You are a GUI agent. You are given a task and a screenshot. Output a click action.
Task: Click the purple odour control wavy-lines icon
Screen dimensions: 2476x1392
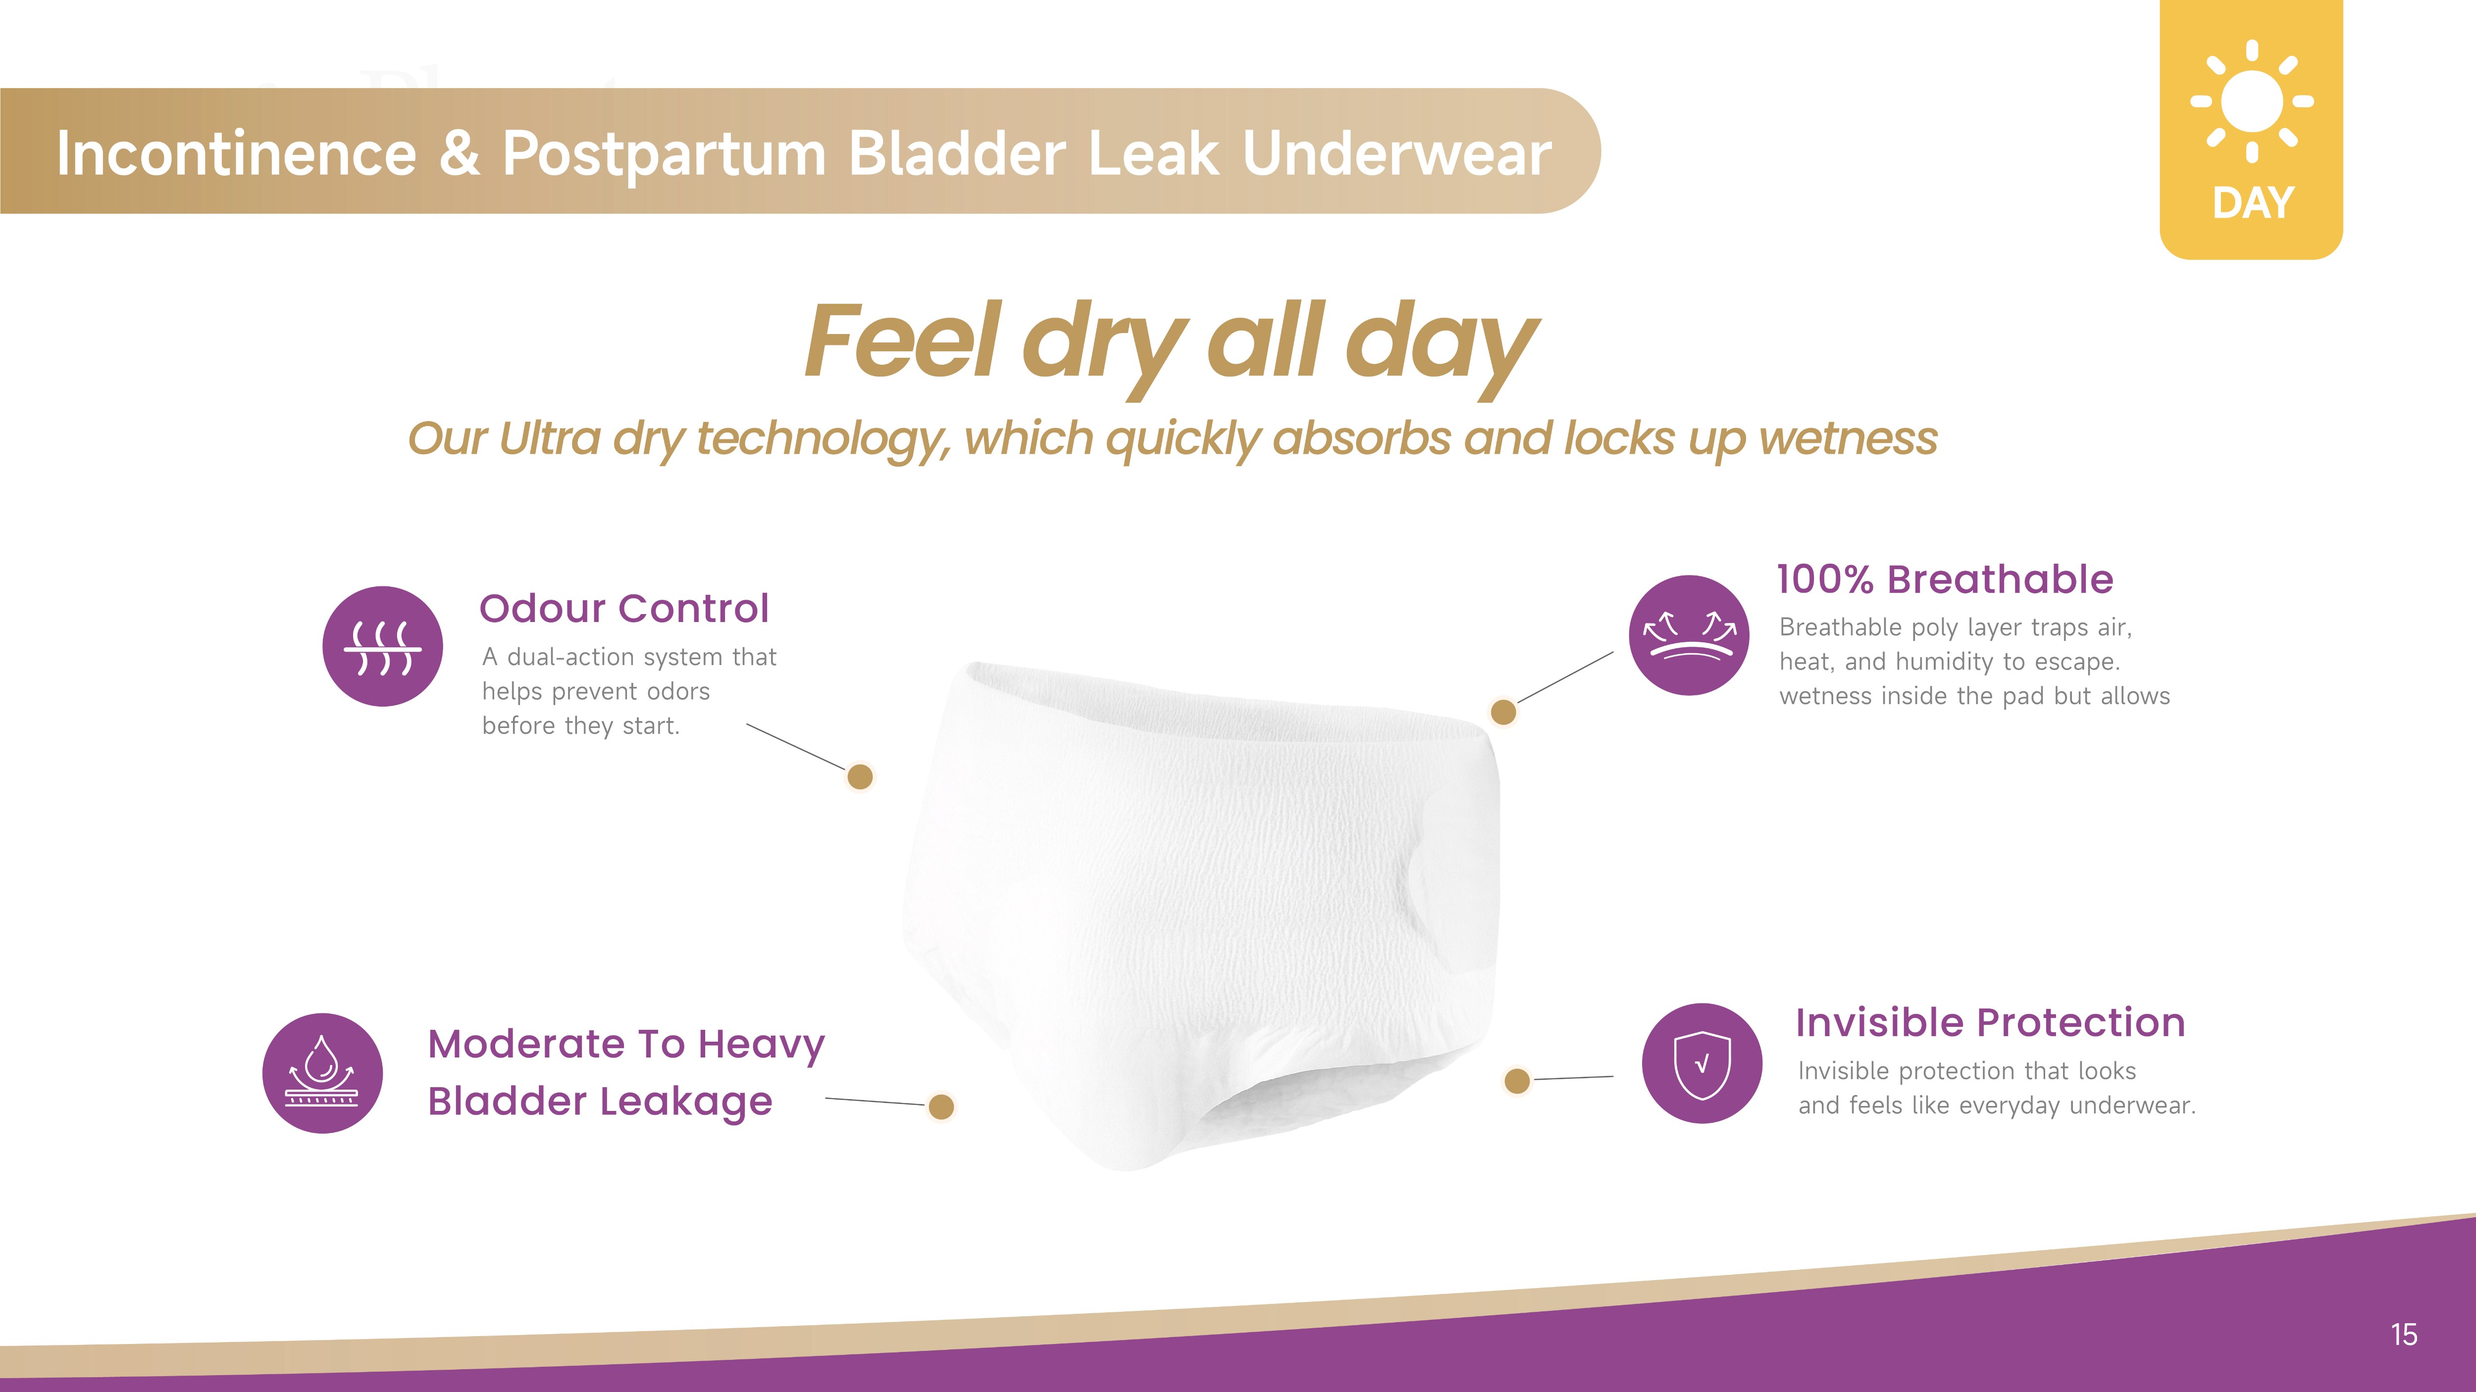[x=383, y=647]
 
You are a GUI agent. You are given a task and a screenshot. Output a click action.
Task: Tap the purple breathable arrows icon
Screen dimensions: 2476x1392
[x=1689, y=635]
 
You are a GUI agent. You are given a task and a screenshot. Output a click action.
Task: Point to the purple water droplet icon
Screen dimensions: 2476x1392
[x=323, y=1073]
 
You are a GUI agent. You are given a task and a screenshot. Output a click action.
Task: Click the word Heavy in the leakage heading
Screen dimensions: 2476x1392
[x=761, y=1044]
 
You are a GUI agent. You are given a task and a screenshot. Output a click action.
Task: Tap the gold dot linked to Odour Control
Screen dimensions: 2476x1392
[x=860, y=776]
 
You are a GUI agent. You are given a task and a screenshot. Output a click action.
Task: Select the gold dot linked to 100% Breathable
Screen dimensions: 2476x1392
[x=1503, y=712]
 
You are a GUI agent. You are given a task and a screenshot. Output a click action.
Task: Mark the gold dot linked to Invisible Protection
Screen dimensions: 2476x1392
[x=1517, y=1081]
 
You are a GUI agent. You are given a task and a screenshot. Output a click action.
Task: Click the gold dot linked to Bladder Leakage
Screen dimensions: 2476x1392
[x=942, y=1106]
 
